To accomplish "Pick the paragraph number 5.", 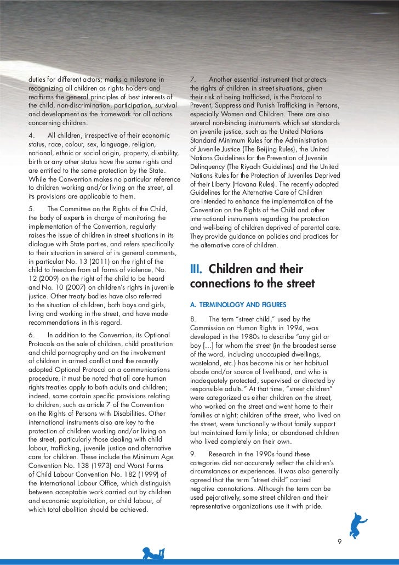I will coord(32,208).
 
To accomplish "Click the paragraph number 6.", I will coord(32,335).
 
